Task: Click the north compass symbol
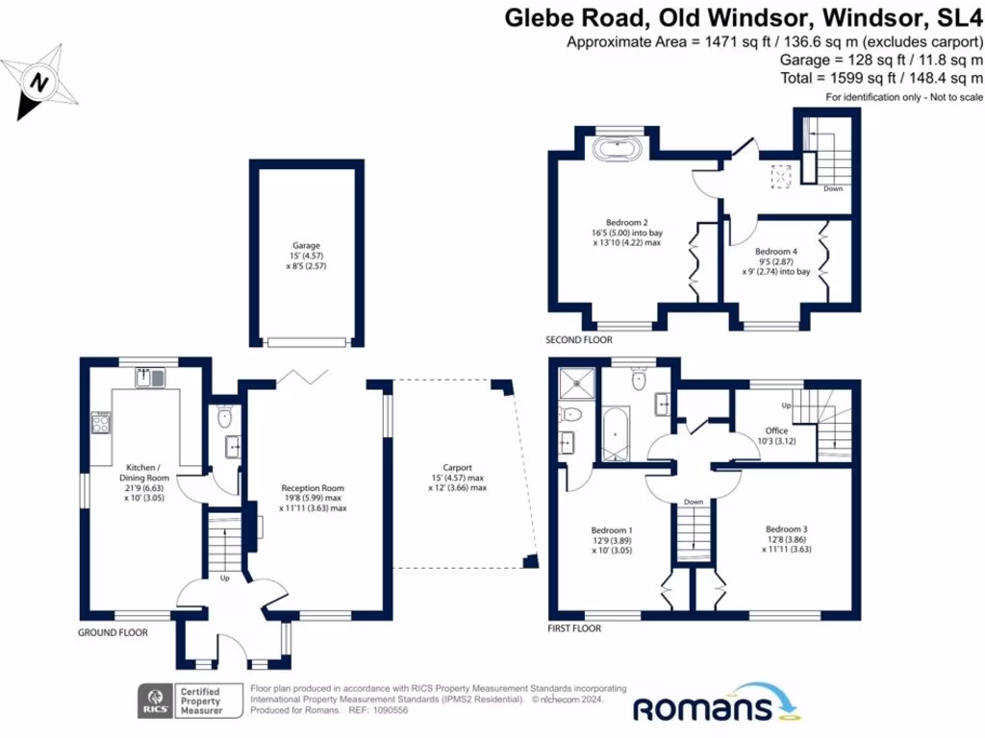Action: click(39, 83)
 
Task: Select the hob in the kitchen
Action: click(100, 422)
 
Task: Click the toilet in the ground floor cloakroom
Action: click(225, 416)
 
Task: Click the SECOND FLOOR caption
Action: click(578, 340)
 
